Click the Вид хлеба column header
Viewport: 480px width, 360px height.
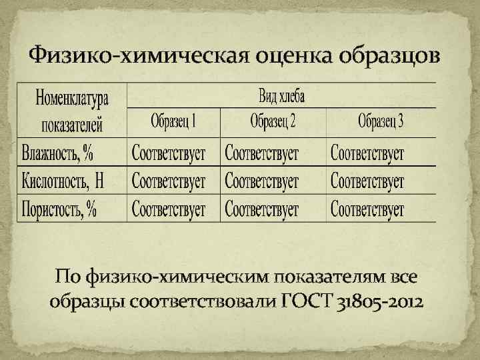click(281, 96)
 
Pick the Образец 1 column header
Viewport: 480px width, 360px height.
click(173, 122)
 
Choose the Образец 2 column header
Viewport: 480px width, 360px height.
click(273, 122)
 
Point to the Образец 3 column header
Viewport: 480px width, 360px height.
click(381, 122)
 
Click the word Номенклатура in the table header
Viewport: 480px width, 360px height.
click(72, 100)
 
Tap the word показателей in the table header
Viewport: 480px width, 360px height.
click(73, 124)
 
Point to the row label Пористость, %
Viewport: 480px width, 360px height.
click(59, 209)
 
